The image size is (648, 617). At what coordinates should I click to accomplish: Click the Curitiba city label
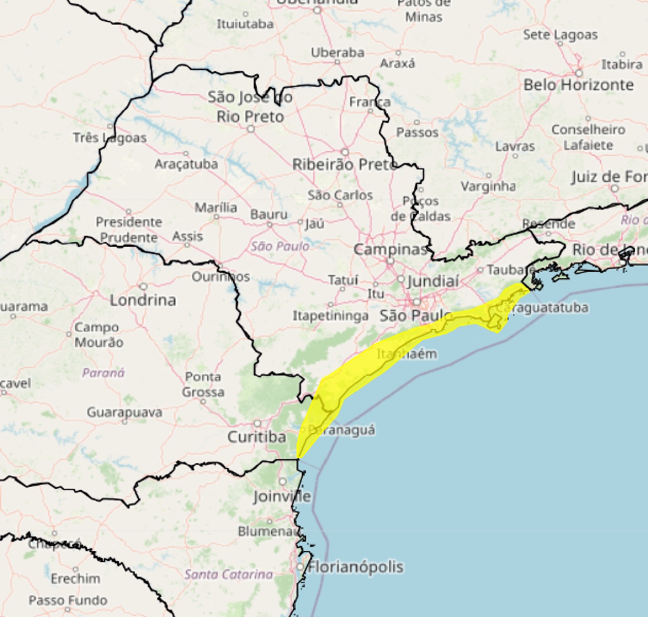pos(256,437)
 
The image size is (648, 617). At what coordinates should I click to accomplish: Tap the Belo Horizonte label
pos(579,85)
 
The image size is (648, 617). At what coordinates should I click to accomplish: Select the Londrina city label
pos(143,300)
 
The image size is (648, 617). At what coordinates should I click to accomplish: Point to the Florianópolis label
pos(356,567)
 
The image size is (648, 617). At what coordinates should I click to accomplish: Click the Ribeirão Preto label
pos(345,165)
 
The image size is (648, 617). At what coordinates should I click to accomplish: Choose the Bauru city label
pos(269,214)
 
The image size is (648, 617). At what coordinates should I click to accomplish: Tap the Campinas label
pos(390,249)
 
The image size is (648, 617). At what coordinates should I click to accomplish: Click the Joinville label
pos(282,496)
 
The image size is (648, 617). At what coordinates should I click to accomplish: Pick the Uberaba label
pos(338,53)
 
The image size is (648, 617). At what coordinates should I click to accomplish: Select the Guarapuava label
pos(124,413)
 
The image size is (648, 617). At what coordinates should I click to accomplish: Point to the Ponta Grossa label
pos(203,384)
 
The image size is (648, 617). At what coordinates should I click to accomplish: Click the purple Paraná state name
pos(103,373)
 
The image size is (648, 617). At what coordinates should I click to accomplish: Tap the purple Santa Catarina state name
pos(229,575)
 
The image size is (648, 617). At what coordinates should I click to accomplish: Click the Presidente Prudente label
pos(129,230)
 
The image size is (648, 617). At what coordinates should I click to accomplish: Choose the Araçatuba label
pos(186,164)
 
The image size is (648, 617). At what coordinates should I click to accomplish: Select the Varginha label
pos(488,186)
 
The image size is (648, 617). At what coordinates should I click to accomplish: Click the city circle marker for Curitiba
pos(257,424)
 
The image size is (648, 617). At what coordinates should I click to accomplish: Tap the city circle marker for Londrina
pos(143,287)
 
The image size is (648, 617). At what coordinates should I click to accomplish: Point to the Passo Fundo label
pos(68,600)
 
